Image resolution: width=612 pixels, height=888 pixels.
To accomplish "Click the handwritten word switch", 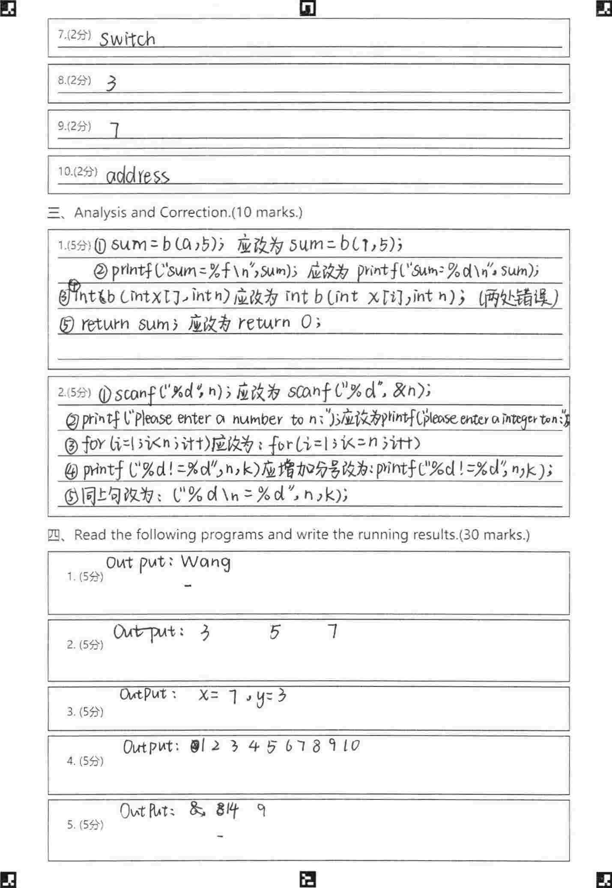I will [127, 39].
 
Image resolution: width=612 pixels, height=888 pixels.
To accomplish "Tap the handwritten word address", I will [137, 175].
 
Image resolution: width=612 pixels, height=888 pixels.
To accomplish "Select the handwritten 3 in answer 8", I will [111, 83].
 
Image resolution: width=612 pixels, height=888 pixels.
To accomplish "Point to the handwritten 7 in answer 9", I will [115, 129].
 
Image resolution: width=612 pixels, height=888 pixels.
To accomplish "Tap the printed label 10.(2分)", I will [78, 172].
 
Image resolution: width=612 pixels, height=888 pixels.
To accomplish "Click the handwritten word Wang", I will [206, 562].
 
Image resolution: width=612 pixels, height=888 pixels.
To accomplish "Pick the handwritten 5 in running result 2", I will [275, 632].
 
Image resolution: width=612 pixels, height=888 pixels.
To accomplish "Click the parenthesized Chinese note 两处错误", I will [519, 297].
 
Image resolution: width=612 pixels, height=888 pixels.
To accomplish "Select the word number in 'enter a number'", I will [257, 419].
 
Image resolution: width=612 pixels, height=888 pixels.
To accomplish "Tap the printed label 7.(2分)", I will [75, 35].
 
